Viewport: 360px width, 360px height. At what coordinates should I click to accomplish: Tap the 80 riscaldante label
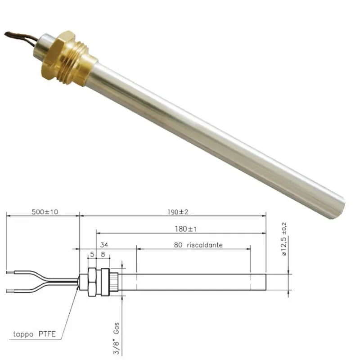coord(198,245)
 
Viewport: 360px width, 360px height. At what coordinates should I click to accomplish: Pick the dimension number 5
coord(92,254)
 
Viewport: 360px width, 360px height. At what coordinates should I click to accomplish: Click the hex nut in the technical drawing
coord(92,282)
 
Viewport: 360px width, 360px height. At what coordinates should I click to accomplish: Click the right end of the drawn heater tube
coord(265,282)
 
